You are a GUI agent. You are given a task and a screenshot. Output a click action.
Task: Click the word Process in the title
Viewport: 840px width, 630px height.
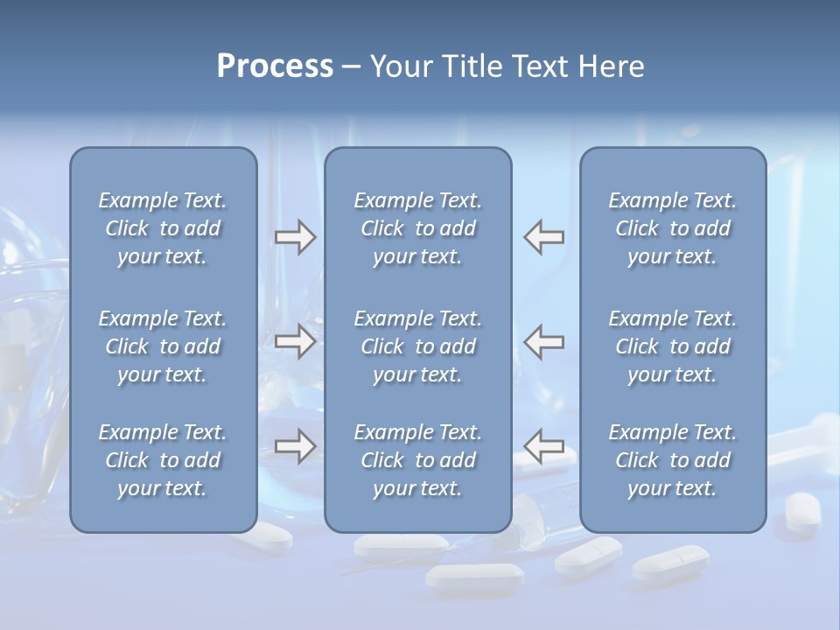[275, 66]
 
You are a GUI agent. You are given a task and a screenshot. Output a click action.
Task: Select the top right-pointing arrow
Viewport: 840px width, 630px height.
[295, 237]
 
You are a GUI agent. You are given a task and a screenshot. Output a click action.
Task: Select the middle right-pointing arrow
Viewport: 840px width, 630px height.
[295, 341]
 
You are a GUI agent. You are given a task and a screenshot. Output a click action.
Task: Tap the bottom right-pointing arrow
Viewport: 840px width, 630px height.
[295, 446]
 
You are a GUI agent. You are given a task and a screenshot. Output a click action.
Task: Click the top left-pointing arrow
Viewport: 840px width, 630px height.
[544, 237]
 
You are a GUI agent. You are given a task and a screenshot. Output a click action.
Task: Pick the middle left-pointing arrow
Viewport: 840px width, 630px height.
[544, 341]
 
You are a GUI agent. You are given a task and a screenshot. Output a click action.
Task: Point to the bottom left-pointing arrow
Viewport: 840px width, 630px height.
[544, 446]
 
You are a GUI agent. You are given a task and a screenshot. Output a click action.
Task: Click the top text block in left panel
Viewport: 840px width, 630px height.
[163, 228]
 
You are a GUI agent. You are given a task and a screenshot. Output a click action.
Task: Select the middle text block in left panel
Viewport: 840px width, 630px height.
[163, 346]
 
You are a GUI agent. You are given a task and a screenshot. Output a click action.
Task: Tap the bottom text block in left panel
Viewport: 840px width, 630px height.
[163, 460]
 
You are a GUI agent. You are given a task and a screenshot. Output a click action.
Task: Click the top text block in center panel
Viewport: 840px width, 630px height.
[417, 228]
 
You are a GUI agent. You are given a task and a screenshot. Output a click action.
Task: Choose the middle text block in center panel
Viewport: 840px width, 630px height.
[417, 346]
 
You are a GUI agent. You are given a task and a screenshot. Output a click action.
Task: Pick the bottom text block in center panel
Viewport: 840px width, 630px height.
[417, 460]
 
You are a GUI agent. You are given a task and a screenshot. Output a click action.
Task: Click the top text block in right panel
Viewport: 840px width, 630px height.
[672, 228]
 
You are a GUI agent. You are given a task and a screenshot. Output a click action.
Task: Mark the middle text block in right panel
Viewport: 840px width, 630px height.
[672, 346]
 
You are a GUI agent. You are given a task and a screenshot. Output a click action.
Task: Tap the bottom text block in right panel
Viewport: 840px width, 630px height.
[672, 460]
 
